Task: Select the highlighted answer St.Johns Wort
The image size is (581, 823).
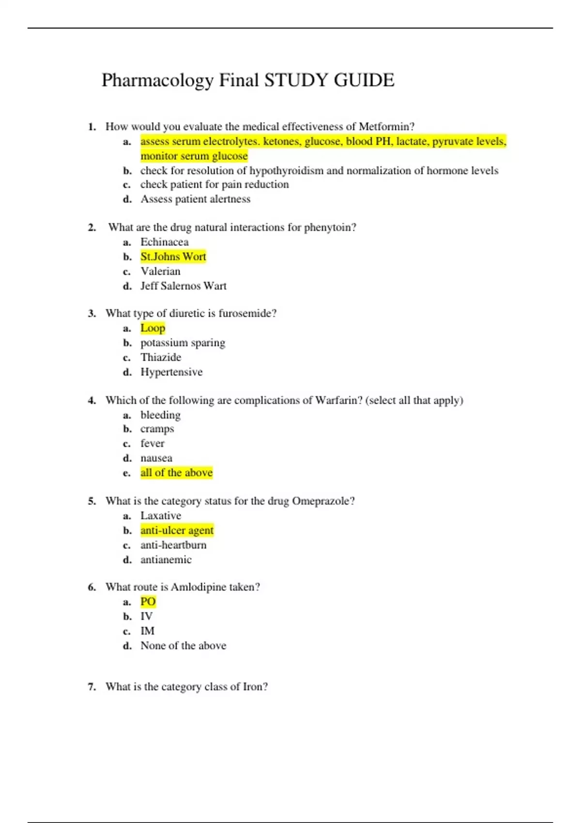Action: click(x=173, y=257)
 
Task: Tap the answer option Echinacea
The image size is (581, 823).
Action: click(x=165, y=242)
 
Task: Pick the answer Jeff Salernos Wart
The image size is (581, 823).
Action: click(x=183, y=286)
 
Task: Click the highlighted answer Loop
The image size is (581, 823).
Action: click(x=153, y=328)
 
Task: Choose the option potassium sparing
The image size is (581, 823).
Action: click(x=183, y=343)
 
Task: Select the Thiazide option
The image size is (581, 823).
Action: click(x=161, y=357)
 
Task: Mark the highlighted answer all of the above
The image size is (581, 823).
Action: click(x=177, y=473)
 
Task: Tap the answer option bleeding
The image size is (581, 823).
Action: click(x=160, y=415)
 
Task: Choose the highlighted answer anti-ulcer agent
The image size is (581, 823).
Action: click(x=177, y=531)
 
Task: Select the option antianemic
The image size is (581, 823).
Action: click(x=166, y=560)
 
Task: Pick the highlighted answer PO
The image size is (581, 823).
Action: click(x=148, y=602)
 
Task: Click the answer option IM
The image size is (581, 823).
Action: click(x=148, y=631)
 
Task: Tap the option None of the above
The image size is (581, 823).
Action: click(x=183, y=646)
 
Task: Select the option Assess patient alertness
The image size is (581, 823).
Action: click(x=196, y=199)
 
